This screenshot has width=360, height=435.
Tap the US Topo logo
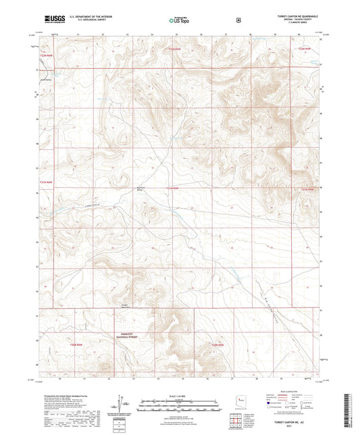click(179, 20)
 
